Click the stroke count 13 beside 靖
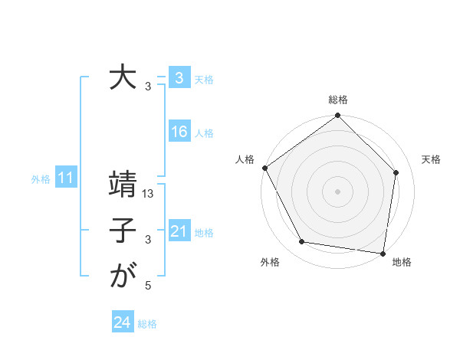[149, 195]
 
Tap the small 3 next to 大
[148, 87]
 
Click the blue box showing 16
[179, 132]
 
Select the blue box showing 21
[179, 231]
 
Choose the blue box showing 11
[66, 178]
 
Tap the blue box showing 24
[122, 322]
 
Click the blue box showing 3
[179, 78]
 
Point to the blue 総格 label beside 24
[147, 324]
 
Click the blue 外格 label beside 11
[41, 179]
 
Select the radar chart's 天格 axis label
[431, 159]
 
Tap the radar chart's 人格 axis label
[245, 159]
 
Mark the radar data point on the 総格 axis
[337, 116]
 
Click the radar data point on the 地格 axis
[383, 253]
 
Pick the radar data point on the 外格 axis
[302, 242]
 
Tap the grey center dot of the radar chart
[337, 191]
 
